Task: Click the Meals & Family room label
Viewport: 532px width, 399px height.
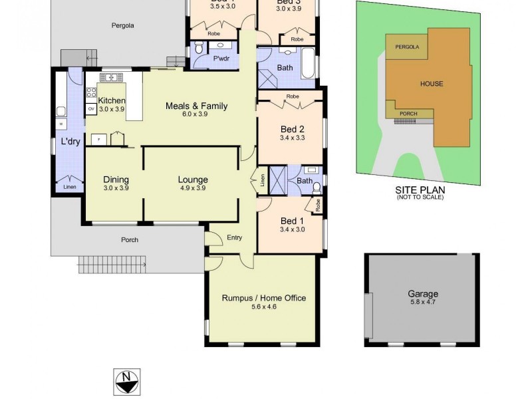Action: tap(196, 106)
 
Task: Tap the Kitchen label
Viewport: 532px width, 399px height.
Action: tap(111, 100)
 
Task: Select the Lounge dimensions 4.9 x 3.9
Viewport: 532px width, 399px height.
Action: tap(193, 188)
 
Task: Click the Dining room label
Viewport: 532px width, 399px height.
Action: tap(116, 180)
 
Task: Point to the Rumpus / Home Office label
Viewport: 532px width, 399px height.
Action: tap(263, 298)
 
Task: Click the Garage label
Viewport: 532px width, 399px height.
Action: tap(423, 294)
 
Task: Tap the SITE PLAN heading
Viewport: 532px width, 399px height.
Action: tap(420, 190)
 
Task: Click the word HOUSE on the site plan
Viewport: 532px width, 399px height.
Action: tap(431, 84)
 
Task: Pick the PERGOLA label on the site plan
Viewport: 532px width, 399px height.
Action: tap(407, 47)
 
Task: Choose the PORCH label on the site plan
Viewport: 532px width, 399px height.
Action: tap(408, 114)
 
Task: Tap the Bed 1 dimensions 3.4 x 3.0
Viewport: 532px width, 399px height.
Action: tap(293, 230)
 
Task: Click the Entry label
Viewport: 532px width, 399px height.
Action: tap(234, 237)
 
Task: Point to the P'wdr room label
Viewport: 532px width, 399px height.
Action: tap(221, 59)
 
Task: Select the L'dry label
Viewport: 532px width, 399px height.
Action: tap(70, 142)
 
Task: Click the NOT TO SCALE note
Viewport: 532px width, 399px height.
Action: tap(420, 198)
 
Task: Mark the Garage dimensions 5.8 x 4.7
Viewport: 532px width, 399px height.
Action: tap(423, 303)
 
